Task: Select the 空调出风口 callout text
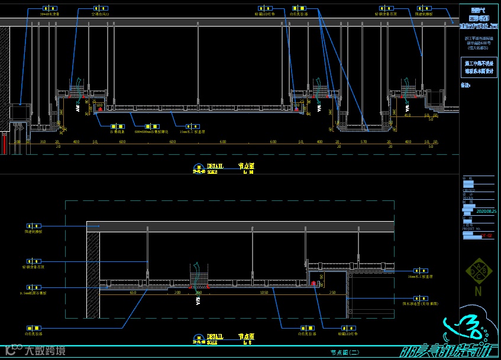click(x=100, y=13)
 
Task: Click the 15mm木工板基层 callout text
click(x=192, y=131)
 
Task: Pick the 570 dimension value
click(x=364, y=142)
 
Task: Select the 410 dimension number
click(x=407, y=115)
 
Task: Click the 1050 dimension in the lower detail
click(x=264, y=292)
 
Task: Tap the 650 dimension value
click(x=133, y=292)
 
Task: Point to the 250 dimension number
click(x=332, y=292)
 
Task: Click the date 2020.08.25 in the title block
click(x=486, y=210)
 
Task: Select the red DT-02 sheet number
click(x=486, y=235)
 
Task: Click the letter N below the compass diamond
click(x=478, y=291)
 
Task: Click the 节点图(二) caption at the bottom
click(x=345, y=352)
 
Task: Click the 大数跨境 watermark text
click(x=44, y=350)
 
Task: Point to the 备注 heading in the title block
click(x=465, y=85)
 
